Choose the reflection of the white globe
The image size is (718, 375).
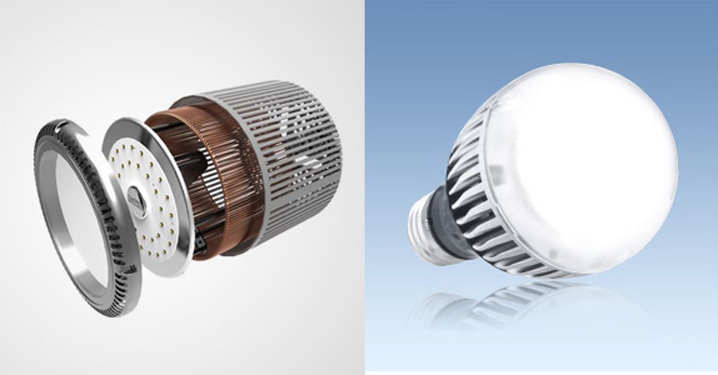tap(589, 308)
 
